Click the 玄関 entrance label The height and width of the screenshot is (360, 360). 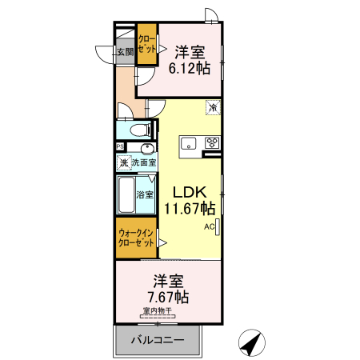click(x=125, y=52)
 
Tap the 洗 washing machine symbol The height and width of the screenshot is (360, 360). click(x=124, y=163)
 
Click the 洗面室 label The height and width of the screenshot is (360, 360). click(x=144, y=163)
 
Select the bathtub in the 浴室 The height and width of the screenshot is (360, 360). click(x=126, y=194)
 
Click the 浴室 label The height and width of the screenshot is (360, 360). click(x=144, y=194)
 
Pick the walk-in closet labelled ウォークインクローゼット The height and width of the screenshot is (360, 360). click(x=136, y=238)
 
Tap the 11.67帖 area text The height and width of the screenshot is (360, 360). click(x=190, y=209)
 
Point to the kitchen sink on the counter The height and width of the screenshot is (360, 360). click(x=189, y=143)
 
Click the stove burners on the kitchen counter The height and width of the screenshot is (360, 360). click(x=212, y=143)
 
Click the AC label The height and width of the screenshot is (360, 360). click(x=209, y=227)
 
